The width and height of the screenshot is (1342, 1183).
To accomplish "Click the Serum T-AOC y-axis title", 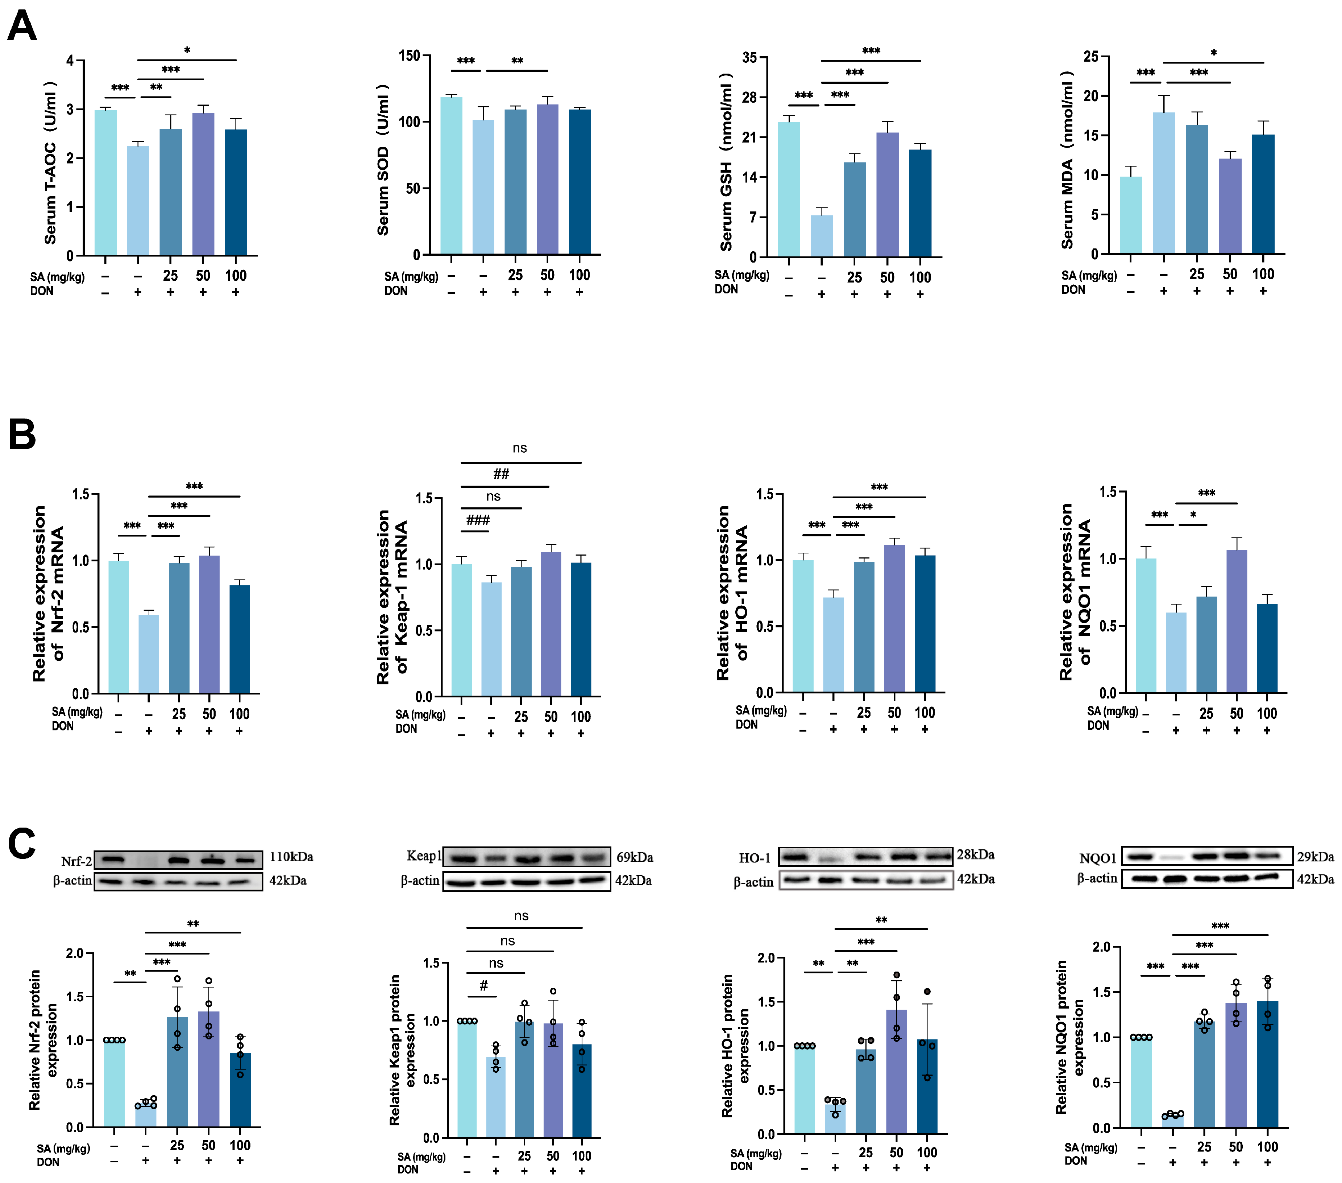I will (50, 163).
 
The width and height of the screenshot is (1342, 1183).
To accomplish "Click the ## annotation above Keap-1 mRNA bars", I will (501, 474).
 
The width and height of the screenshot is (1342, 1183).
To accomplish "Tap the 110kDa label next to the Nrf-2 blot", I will (291, 857).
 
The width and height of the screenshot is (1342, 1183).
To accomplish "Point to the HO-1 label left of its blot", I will (755, 858).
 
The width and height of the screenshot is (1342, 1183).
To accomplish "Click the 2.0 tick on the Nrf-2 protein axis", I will (75, 953).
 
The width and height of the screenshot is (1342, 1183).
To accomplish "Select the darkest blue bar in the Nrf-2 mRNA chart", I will (240, 639).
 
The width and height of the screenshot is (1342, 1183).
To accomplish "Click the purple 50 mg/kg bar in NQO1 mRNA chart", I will (1236, 621).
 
